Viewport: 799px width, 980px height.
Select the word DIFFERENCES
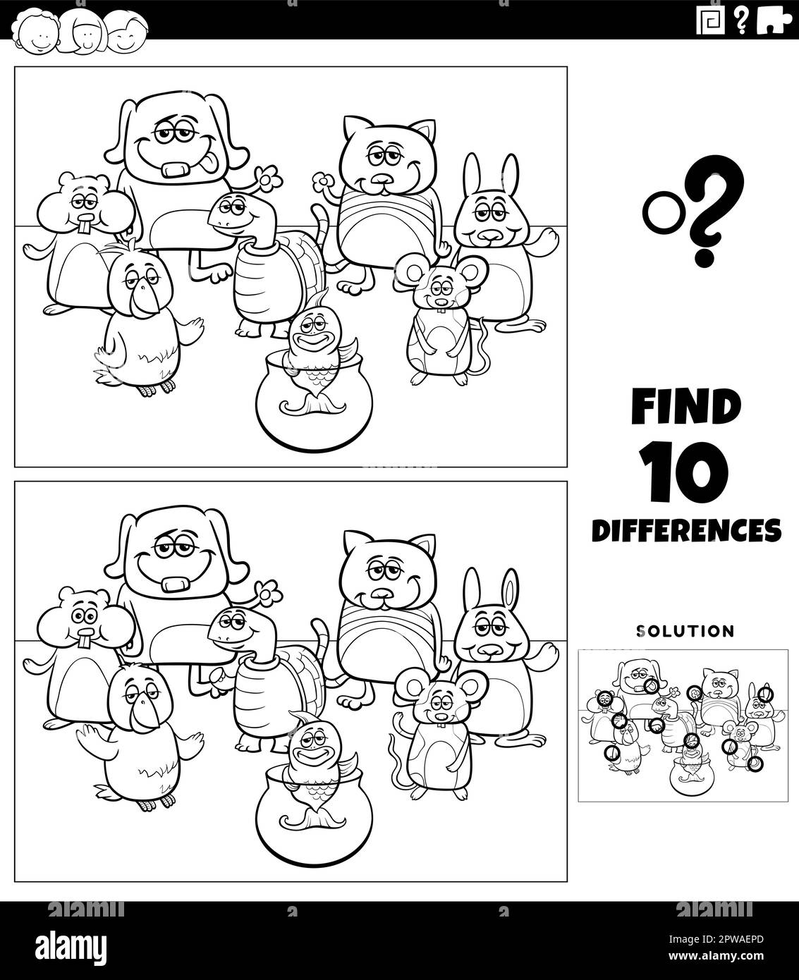click(x=686, y=529)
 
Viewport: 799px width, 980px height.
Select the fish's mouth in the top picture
click(x=310, y=343)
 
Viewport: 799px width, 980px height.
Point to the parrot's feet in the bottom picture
click(x=156, y=802)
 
